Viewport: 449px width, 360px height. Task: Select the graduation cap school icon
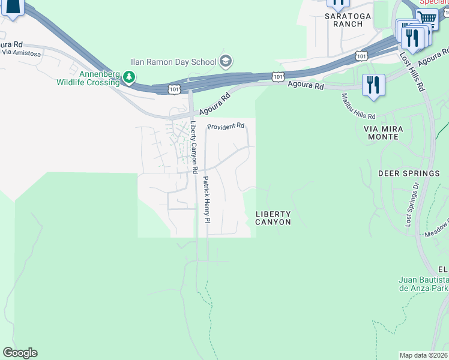[x=226, y=61]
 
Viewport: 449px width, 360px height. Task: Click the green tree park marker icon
[x=128, y=76]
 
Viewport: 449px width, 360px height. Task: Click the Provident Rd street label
[x=226, y=127]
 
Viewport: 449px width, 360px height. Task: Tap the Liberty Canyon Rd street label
[x=193, y=148]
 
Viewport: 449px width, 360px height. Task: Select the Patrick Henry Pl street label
[x=206, y=200]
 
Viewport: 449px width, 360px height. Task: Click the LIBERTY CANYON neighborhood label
[x=273, y=218]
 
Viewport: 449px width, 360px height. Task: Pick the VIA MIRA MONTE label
[x=381, y=133]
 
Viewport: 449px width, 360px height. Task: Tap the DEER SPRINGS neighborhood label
[x=409, y=173]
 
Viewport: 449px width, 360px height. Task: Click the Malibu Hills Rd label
[x=358, y=106]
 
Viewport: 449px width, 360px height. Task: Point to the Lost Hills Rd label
[x=412, y=71]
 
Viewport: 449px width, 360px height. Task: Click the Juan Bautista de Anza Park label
[x=424, y=284]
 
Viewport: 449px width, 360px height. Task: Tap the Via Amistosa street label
[x=21, y=53]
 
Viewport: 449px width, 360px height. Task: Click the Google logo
[x=20, y=353]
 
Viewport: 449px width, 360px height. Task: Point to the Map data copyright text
[x=424, y=355]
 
